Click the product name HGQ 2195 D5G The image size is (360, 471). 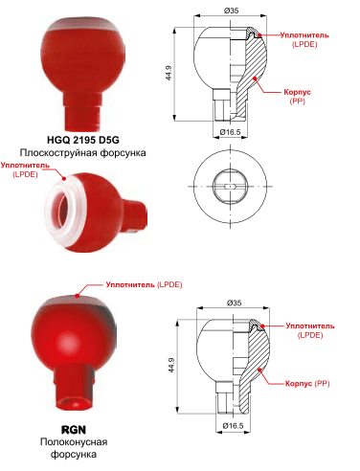83,140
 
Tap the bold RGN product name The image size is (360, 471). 74,430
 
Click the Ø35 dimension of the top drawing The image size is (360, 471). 231,11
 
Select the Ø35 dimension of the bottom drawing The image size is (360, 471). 234,303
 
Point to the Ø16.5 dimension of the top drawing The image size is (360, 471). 230,132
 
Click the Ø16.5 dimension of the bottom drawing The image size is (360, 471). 233,426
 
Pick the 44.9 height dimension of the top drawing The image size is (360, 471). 169,73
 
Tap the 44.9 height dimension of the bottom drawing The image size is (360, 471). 171,366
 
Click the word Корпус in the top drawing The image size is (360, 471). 298,92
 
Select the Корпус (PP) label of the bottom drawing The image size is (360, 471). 307,383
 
